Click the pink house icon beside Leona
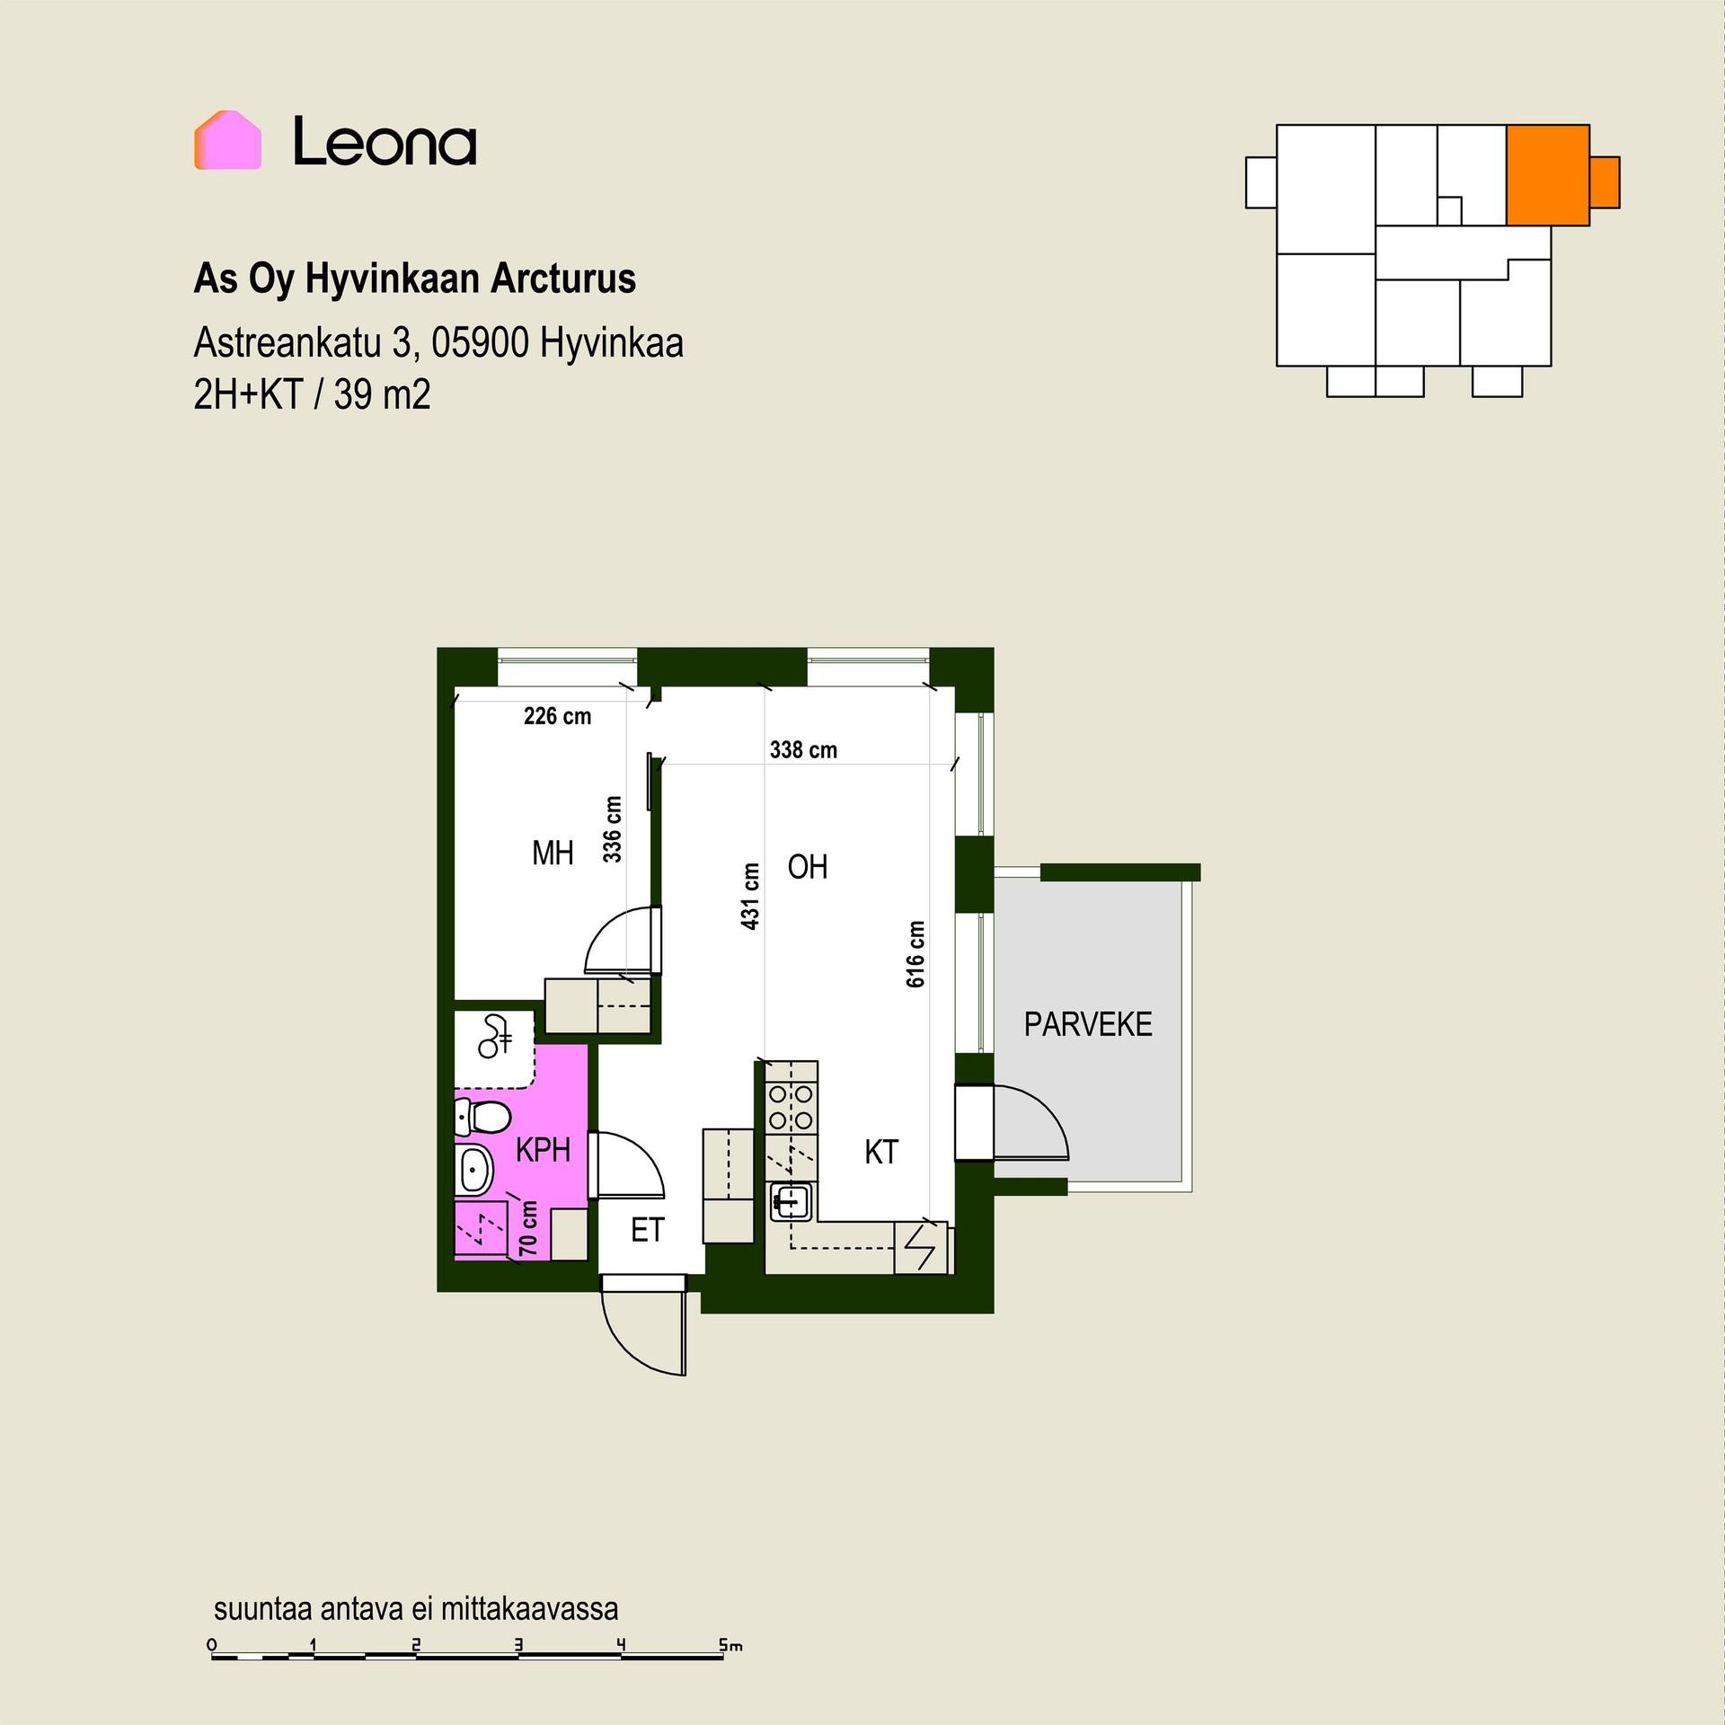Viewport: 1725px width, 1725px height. [x=227, y=140]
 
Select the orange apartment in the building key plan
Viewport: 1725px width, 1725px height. [x=1562, y=175]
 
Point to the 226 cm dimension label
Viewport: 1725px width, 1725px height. [x=557, y=716]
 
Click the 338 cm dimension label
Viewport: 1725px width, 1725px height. [x=803, y=749]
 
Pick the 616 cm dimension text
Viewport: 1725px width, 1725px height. [x=915, y=954]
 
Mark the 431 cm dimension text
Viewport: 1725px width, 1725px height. [x=750, y=896]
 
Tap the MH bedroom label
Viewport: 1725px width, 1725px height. [x=553, y=853]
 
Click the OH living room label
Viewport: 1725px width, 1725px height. [x=808, y=867]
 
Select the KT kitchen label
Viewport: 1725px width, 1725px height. [x=881, y=1152]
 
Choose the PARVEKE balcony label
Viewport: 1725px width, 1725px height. [x=1088, y=1024]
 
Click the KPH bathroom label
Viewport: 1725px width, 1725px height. [x=543, y=1150]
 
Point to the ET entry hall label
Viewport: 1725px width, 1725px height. [x=647, y=1230]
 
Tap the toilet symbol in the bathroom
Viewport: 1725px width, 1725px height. [x=482, y=1118]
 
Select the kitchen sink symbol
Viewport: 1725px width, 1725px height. [x=790, y=1201]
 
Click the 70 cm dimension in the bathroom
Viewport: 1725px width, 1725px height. [x=528, y=1228]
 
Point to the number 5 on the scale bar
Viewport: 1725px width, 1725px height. [x=723, y=1646]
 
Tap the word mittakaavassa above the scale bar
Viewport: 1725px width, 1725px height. [x=529, y=1609]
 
